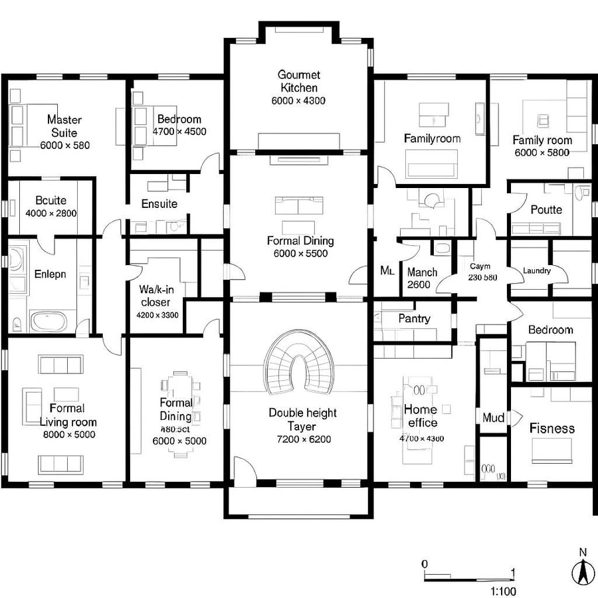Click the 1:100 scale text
coord(503,591)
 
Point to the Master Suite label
coord(64,126)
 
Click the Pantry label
coord(414,318)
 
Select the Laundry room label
coord(537,271)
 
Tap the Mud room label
coord(492,418)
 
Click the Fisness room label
coord(551,429)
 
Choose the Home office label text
coord(421,416)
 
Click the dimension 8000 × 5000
coord(68,435)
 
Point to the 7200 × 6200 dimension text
coord(304,439)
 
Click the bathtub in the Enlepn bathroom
coord(49,322)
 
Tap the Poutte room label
coord(546,210)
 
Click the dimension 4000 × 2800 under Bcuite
coord(51,214)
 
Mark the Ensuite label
coord(159,204)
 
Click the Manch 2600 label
coord(422,278)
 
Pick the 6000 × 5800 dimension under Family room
coord(542,152)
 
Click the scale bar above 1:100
coord(468,572)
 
